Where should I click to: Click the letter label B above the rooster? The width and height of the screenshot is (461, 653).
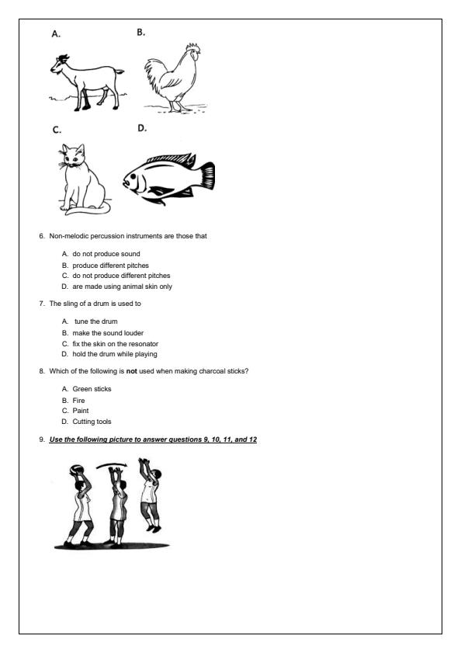[x=140, y=33]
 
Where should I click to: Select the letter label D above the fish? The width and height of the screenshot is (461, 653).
[x=142, y=127]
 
